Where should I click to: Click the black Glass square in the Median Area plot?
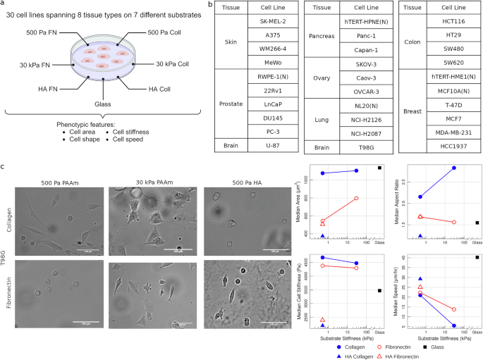[379, 168]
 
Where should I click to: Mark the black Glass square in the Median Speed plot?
[477, 257]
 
